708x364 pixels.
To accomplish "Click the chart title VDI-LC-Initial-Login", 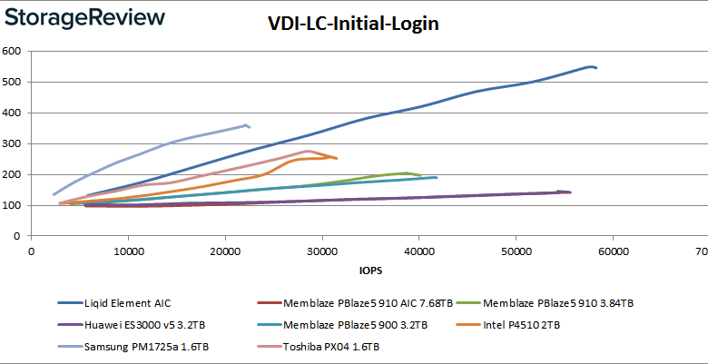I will coord(353,25).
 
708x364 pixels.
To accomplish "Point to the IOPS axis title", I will coord(370,269).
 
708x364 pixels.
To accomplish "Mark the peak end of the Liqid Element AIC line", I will coord(592,66).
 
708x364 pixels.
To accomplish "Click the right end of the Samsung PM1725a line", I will coord(250,126).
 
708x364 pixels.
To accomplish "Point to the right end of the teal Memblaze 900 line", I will coord(437,177).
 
